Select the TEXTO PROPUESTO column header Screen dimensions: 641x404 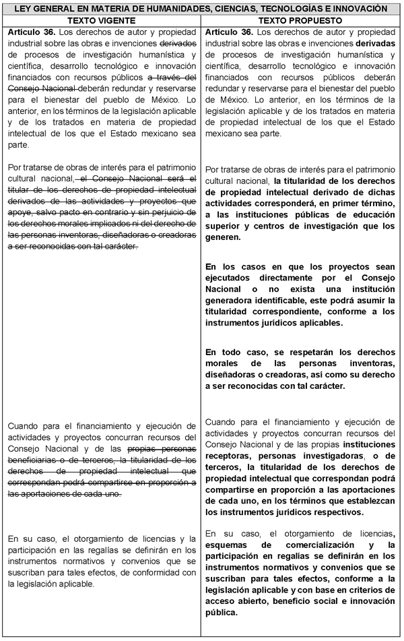click(300, 20)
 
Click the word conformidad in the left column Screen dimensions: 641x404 click(166, 572)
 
